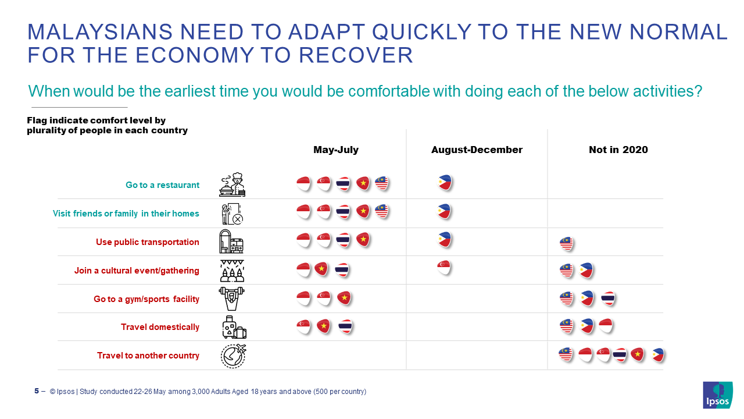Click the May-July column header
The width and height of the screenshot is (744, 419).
click(x=336, y=150)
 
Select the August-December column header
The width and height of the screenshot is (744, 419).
click(x=477, y=150)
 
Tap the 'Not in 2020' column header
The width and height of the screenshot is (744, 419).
click(x=618, y=150)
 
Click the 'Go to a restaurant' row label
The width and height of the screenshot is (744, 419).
click(x=162, y=185)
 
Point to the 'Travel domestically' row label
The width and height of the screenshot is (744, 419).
click(x=160, y=327)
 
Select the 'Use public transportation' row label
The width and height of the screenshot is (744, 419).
click(x=148, y=242)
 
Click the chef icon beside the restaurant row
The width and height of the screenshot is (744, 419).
click(x=232, y=184)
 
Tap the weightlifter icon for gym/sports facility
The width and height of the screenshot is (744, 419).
click(x=231, y=299)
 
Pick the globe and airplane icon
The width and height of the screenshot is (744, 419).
click(x=233, y=356)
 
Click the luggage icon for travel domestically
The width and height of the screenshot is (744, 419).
click(x=233, y=327)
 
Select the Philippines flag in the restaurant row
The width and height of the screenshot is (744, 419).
click(x=445, y=183)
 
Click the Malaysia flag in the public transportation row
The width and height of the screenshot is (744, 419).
click(x=566, y=243)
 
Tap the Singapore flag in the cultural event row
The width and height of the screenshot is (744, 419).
click(x=444, y=268)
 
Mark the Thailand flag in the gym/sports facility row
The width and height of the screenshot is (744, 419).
click(x=608, y=299)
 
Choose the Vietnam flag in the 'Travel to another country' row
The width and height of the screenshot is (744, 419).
click(x=638, y=354)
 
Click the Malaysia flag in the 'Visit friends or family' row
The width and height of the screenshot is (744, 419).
click(x=381, y=211)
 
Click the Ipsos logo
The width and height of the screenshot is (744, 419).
click(x=717, y=395)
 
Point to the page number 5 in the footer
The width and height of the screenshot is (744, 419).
click(x=37, y=391)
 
